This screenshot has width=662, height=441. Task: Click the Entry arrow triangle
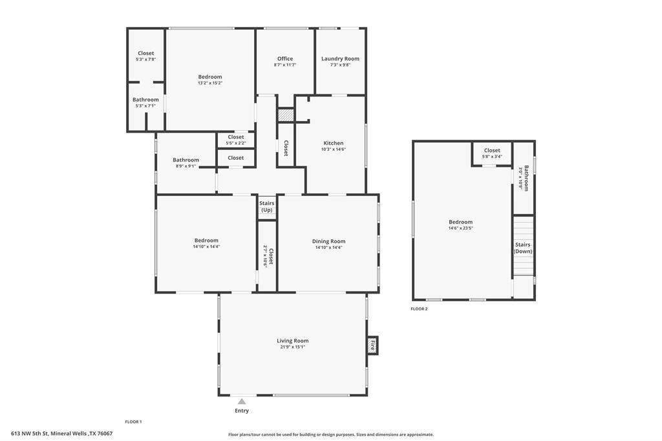tap(242, 402)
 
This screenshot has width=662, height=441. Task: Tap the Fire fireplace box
tap(372, 345)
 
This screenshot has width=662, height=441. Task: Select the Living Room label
tap(293, 341)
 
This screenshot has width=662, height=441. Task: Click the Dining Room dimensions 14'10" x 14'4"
tap(328, 248)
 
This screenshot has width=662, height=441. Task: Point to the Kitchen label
tap(334, 143)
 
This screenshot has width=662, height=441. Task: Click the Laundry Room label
tap(340, 59)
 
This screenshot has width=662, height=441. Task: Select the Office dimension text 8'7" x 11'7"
tap(285, 65)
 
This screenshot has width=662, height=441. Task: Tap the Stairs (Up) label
tap(267, 206)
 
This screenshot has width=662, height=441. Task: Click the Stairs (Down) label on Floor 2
tap(522, 248)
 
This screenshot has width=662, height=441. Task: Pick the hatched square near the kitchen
tap(285, 115)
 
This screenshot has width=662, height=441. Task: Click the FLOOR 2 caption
tap(419, 309)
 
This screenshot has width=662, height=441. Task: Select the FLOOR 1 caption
tap(133, 422)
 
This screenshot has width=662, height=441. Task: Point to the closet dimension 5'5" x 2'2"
tap(235, 144)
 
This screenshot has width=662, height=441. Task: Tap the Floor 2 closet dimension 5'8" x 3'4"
tap(492, 156)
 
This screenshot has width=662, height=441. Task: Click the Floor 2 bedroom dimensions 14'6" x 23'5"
tap(460, 228)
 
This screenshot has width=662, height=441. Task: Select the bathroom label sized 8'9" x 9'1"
tap(186, 160)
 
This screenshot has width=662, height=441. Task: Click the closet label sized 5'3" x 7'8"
tap(145, 53)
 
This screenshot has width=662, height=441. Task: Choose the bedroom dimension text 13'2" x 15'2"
tap(210, 83)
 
